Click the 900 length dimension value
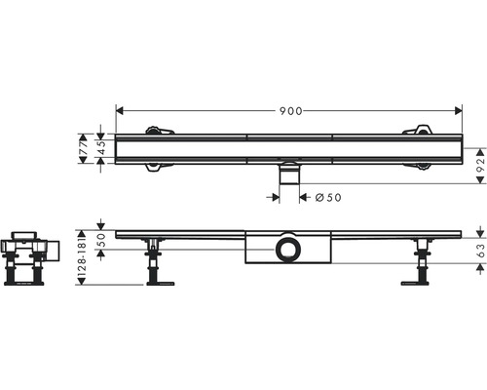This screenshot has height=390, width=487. click(291, 111)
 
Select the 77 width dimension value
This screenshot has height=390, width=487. click(84, 148)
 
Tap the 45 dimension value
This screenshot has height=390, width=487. click(102, 148)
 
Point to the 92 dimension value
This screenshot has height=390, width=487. click(481, 166)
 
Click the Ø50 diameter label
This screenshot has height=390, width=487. click(328, 197)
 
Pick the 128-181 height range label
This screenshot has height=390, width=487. click(83, 257)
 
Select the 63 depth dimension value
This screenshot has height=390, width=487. click(481, 251)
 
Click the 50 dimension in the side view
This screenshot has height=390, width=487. click(101, 240)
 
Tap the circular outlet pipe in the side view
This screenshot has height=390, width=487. click(288, 250)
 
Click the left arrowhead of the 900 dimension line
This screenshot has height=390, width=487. click(120, 111)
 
